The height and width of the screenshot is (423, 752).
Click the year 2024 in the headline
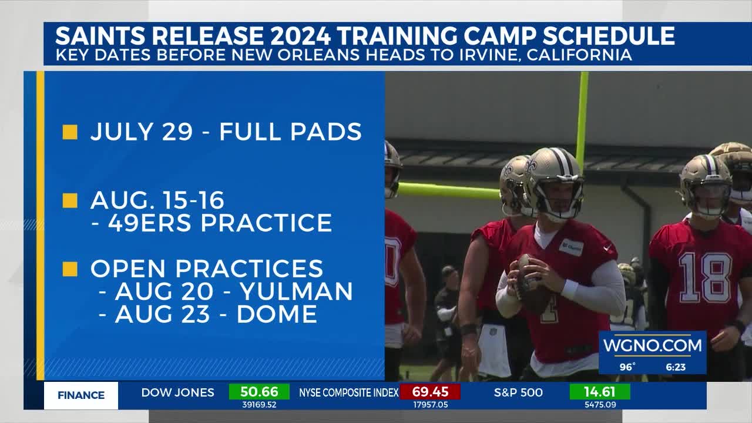(x=300, y=36)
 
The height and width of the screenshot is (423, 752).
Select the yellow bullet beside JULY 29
(x=70, y=132)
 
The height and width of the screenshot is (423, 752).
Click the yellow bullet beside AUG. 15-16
(x=70, y=201)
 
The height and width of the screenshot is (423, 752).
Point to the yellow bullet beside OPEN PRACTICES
(x=70, y=269)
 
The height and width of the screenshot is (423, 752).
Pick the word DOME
(x=277, y=314)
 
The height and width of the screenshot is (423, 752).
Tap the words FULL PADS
(x=290, y=132)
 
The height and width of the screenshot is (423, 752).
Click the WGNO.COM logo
(x=652, y=345)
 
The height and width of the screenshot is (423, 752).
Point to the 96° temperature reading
(x=627, y=367)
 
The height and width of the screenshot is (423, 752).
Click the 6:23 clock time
(x=676, y=367)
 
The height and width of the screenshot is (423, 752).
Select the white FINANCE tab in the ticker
(x=81, y=395)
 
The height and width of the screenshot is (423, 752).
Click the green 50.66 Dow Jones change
(x=259, y=392)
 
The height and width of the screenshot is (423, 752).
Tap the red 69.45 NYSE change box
(x=430, y=392)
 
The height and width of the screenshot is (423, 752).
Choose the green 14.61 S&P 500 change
(x=600, y=392)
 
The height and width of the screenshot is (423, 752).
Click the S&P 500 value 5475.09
(x=600, y=404)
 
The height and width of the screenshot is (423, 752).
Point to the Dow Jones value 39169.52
(x=259, y=404)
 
